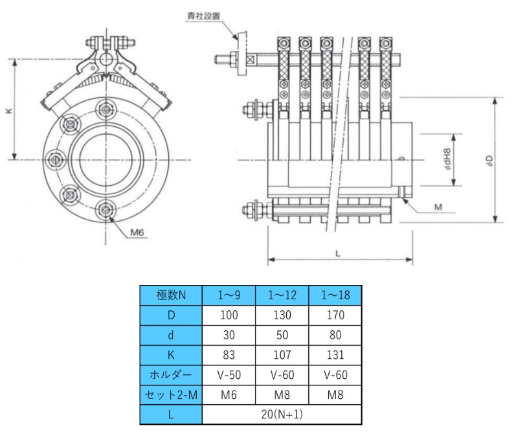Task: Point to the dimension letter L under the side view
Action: pos(339,253)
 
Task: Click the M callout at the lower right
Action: pos(438,208)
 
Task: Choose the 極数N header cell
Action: pos(171,295)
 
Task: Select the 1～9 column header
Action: pos(229,295)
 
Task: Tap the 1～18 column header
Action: pos(335,295)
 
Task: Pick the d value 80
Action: pos(335,335)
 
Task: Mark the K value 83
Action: pos(229,355)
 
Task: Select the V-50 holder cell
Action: pos(229,374)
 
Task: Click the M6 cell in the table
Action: pos(229,394)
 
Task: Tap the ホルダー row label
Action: pos(171,374)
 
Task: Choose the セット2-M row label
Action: pos(171,394)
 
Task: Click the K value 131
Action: pos(335,355)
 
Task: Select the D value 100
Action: pos(229,315)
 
